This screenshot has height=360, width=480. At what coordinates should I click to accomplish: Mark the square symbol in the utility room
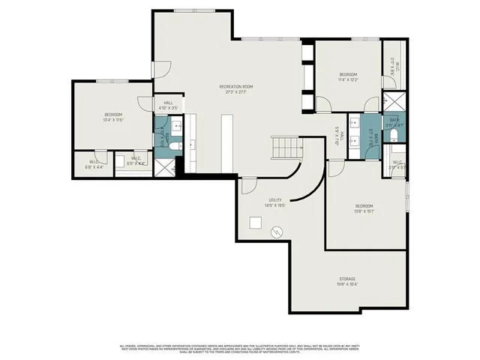pos(256,222)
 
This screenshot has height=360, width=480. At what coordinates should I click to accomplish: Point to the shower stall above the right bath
pos(393,101)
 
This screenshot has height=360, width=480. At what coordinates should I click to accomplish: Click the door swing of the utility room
pos(250,184)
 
